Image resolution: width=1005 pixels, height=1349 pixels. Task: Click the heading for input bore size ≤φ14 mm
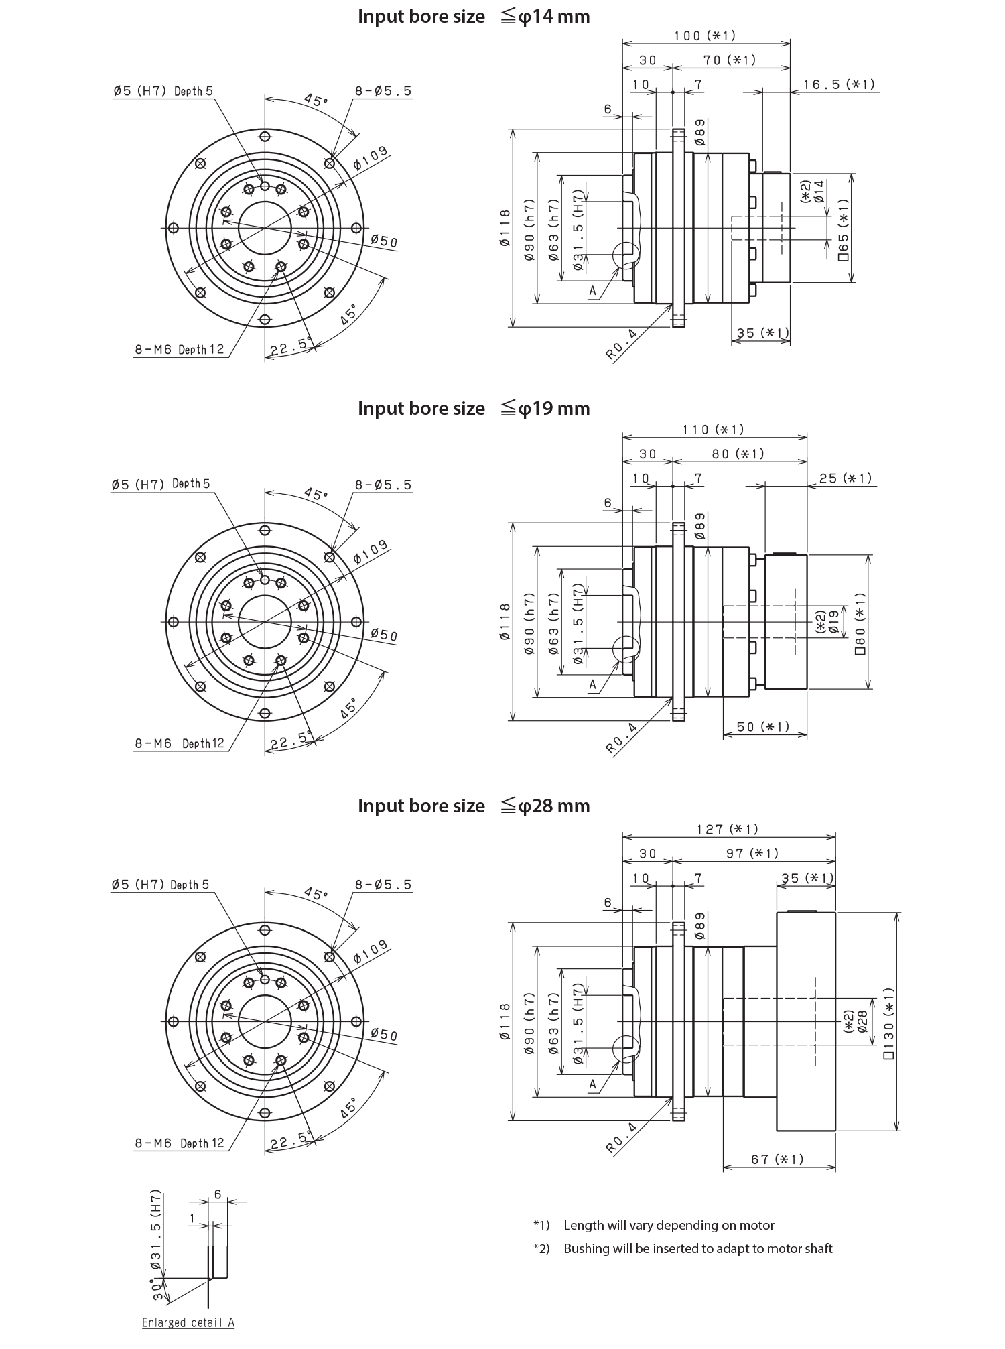(x=474, y=17)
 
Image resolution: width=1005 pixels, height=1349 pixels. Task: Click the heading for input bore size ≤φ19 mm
(x=474, y=408)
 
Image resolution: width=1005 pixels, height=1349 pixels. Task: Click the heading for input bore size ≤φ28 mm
(x=474, y=806)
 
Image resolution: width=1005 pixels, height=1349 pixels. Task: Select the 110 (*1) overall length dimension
(x=713, y=429)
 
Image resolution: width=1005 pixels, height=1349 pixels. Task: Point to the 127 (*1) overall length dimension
(x=728, y=829)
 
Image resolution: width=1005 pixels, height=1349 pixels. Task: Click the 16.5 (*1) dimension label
(x=839, y=84)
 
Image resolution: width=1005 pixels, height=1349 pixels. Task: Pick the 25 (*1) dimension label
(x=846, y=478)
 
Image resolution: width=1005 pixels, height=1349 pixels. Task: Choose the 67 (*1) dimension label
(x=777, y=1159)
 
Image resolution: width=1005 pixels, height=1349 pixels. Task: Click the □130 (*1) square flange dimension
(x=889, y=1022)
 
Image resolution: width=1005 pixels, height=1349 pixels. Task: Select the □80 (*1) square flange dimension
(x=860, y=622)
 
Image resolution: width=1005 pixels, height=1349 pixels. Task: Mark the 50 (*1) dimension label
(x=762, y=727)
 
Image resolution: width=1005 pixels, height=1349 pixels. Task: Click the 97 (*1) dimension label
(x=752, y=853)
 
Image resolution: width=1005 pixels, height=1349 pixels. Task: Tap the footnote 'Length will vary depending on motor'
(x=668, y=1225)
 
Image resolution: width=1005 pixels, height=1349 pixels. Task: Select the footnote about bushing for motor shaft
(x=697, y=1248)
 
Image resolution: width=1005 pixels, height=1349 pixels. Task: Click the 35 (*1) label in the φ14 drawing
(x=762, y=333)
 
